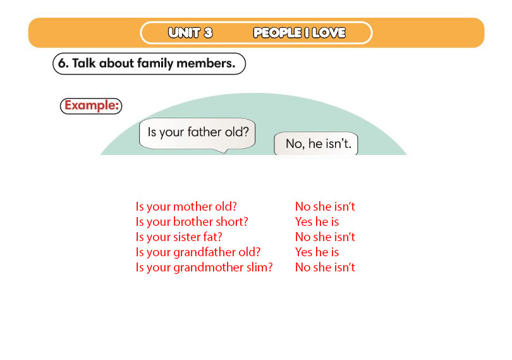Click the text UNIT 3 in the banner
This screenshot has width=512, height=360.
190,33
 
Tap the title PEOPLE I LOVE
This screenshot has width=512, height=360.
300,33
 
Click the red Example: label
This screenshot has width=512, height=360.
91,106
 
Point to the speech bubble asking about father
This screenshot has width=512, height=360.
198,134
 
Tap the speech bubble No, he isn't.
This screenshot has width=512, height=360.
316,144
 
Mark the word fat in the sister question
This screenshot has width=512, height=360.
212,237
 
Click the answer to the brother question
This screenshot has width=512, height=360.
317,222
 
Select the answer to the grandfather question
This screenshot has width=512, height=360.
317,252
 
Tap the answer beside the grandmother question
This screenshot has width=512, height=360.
325,268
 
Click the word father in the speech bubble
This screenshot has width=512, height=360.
205,132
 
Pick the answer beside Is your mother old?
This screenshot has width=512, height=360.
325,207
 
